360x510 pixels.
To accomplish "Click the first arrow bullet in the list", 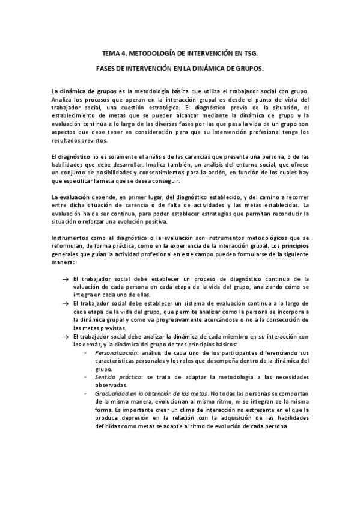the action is pyautogui.click(x=65, y=279).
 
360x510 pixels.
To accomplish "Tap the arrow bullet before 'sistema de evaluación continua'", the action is pyautogui.click(x=65, y=304).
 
